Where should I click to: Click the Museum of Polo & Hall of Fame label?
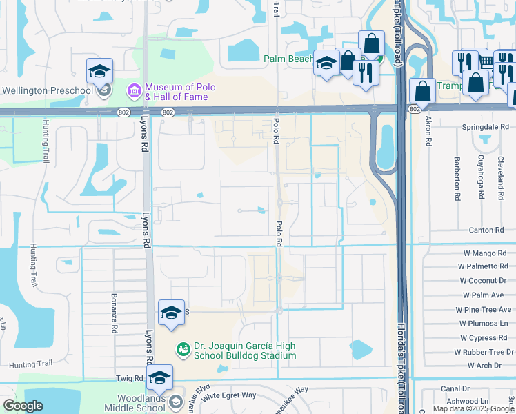pyautogui.click(x=181, y=92)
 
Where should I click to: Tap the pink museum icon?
pyautogui.click(x=134, y=90)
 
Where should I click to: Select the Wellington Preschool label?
pyautogui.click(x=48, y=90)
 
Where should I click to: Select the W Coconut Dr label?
pyautogui.click(x=483, y=281)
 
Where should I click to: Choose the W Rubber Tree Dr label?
pyautogui.click(x=482, y=352)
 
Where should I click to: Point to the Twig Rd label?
pyautogui.click(x=128, y=378)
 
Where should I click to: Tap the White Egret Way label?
pyautogui.click(x=228, y=395)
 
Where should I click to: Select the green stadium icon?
pyautogui.click(x=183, y=351)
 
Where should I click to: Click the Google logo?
pyautogui.click(x=23, y=406)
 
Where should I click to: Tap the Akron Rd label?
pyautogui.click(x=428, y=131)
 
